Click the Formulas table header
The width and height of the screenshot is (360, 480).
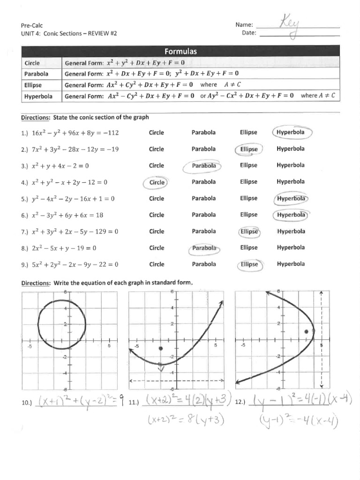(180, 51)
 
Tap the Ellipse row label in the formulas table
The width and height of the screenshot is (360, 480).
(33, 85)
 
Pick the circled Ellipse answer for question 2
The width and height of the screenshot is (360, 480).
(249, 149)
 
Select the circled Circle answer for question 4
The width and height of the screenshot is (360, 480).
(157, 182)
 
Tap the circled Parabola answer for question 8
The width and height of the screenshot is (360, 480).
(204, 248)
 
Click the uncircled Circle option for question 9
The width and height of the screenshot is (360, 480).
(157, 264)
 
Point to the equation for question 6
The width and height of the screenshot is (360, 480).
(67, 215)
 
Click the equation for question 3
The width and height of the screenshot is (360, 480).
(60, 165)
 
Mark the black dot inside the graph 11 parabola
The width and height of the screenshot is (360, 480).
(161, 348)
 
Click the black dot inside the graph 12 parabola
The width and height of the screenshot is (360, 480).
(306, 331)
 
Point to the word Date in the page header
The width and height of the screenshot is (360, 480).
(248, 33)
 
